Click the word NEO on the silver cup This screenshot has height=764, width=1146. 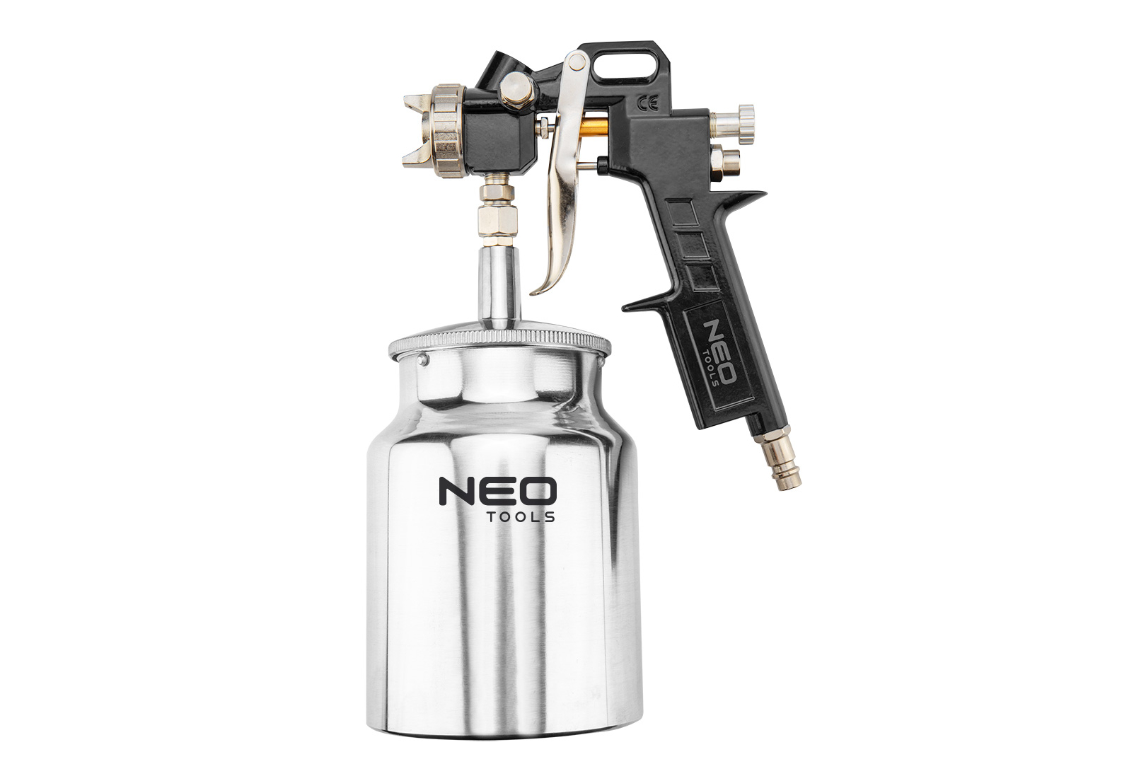(x=497, y=491)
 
